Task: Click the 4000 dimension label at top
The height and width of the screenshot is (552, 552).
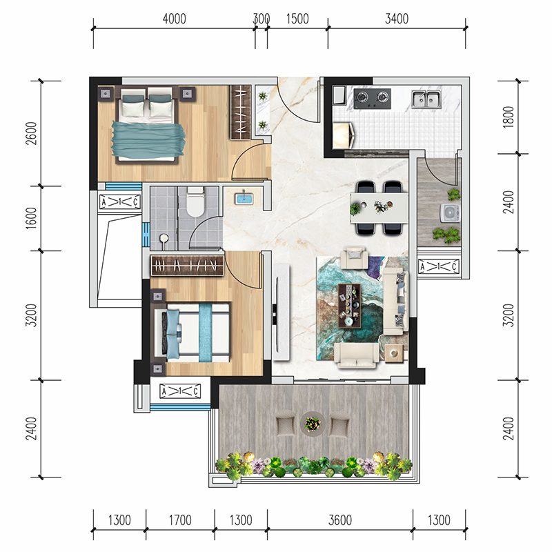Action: tap(175, 19)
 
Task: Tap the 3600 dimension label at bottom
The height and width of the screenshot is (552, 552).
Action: tap(340, 520)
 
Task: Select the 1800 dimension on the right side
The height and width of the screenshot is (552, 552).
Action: tap(509, 117)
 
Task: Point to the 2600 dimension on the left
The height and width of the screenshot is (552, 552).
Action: tap(31, 133)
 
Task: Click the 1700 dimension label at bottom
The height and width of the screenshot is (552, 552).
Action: tap(180, 520)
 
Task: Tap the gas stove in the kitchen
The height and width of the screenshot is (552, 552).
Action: tap(373, 99)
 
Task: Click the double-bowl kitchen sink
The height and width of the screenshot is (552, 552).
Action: tap(426, 99)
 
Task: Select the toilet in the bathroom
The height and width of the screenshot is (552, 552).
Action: tap(195, 201)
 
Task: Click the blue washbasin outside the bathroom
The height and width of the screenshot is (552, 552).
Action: tap(243, 199)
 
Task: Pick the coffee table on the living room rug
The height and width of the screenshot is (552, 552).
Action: tap(350, 306)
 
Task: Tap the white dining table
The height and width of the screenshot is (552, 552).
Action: tap(379, 208)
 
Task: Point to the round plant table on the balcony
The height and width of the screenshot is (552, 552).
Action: tap(313, 424)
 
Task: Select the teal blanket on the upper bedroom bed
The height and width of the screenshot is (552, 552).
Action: tap(148, 139)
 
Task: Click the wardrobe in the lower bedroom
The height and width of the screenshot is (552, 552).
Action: tap(187, 266)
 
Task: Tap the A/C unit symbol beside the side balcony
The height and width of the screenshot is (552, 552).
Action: tap(439, 266)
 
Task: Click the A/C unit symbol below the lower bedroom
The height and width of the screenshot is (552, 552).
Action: tap(180, 391)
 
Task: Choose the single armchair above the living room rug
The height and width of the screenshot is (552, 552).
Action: tap(355, 257)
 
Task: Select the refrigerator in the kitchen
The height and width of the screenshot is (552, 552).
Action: tap(344, 135)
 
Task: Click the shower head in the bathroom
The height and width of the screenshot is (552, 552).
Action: tap(164, 239)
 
